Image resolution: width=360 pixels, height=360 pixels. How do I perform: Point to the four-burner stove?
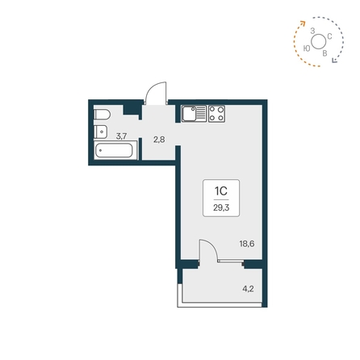(216, 115)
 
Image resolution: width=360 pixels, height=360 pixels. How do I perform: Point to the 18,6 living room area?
(248, 242)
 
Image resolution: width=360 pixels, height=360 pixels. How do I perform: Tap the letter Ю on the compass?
(308, 48)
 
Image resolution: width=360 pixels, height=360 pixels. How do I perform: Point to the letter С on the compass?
(330, 36)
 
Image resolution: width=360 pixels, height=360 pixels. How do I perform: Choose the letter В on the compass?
(324, 53)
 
